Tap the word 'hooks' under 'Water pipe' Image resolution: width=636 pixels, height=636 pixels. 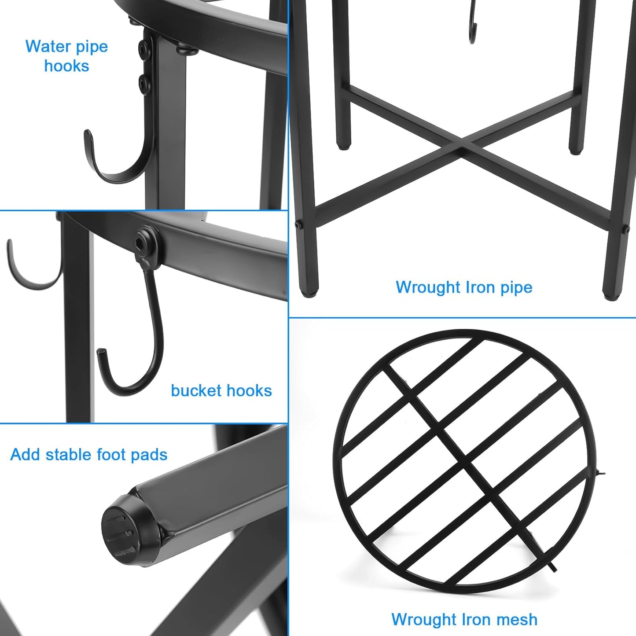pyautogui.click(x=66, y=66)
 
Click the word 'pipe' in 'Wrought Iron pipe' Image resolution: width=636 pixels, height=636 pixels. pyautogui.click(x=516, y=287)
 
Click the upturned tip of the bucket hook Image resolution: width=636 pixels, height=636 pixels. pyautogui.click(x=101, y=353)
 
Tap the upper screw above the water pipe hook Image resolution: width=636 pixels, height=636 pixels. pyautogui.click(x=143, y=46)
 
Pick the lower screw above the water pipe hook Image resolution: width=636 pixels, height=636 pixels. pyautogui.click(x=143, y=82)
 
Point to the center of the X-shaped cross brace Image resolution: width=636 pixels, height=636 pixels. pyautogui.click(x=461, y=147)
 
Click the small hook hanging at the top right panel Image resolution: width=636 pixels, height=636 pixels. pyautogui.click(x=473, y=26)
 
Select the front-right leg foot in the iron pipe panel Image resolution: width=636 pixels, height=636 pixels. pyautogui.click(x=611, y=294)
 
